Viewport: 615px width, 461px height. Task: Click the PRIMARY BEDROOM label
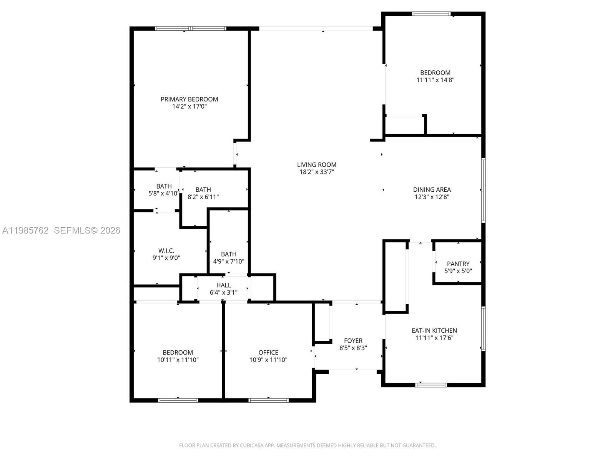click(x=189, y=99)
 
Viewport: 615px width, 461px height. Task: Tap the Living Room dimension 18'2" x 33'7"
click(x=316, y=172)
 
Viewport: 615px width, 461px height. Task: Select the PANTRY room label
click(x=458, y=264)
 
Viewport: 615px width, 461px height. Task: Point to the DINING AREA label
click(x=432, y=189)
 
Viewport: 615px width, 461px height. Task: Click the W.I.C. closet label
click(x=166, y=250)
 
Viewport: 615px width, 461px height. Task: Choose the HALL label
click(x=223, y=285)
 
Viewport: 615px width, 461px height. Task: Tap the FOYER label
click(x=353, y=341)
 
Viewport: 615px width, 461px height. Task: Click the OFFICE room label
click(x=268, y=352)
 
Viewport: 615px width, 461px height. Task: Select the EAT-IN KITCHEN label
click(x=434, y=330)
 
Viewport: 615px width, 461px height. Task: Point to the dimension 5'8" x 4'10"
click(x=164, y=194)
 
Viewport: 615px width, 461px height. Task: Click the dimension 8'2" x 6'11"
click(x=203, y=197)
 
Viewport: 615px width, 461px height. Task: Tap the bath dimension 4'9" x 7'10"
click(x=228, y=262)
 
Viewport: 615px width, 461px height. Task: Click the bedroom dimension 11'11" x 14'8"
click(x=435, y=80)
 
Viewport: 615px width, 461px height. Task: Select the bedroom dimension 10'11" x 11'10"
click(x=178, y=360)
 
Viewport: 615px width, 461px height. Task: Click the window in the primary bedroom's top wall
click(x=191, y=28)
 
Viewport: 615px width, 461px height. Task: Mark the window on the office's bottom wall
click(x=268, y=400)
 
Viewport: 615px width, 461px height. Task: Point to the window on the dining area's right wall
click(x=484, y=190)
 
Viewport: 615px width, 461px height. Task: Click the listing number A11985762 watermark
click(x=25, y=230)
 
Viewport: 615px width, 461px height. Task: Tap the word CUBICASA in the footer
click(x=251, y=446)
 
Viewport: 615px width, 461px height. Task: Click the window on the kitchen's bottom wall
click(x=431, y=385)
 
